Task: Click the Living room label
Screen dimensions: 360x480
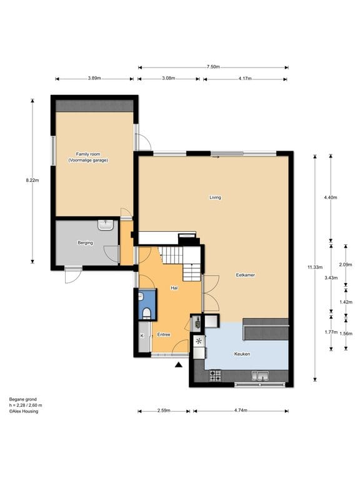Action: pyautogui.click(x=215, y=197)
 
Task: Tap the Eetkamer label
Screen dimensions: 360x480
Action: pyautogui.click(x=246, y=275)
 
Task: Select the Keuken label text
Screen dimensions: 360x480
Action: pyautogui.click(x=242, y=354)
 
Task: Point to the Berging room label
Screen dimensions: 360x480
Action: pyautogui.click(x=85, y=243)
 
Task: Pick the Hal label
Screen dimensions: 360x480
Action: pyautogui.click(x=174, y=288)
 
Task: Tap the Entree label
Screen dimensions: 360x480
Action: pyautogui.click(x=164, y=334)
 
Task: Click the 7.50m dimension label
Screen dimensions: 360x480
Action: pyautogui.click(x=213, y=67)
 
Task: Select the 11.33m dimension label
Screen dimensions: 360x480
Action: pyautogui.click(x=315, y=267)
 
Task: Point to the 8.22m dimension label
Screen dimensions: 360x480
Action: pyautogui.click(x=32, y=180)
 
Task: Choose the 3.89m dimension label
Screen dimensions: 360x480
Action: pyautogui.click(x=94, y=78)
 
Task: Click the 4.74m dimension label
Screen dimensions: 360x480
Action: pyautogui.click(x=241, y=411)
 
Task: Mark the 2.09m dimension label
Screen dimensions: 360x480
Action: pyautogui.click(x=346, y=265)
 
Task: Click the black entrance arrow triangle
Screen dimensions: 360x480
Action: pyautogui.click(x=179, y=364)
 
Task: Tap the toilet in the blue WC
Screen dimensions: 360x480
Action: pyautogui.click(x=147, y=313)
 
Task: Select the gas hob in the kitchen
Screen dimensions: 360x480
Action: pyautogui.click(x=216, y=376)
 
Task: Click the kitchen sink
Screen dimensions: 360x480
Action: pyautogui.click(x=260, y=376)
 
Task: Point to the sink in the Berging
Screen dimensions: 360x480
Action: pyautogui.click(x=106, y=225)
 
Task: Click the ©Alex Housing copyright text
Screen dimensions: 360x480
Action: pyautogui.click(x=24, y=411)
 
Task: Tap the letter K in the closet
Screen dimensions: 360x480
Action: pyautogui.click(x=142, y=336)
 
